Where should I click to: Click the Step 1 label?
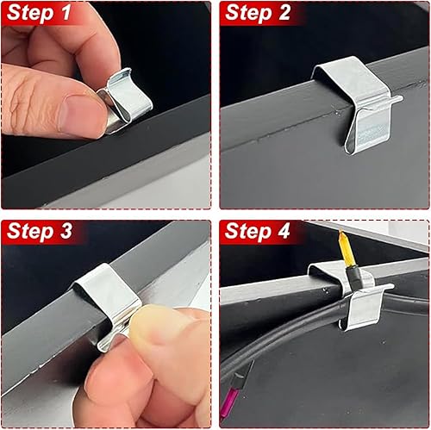tap(39, 13)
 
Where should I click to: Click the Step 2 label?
tap(258, 13)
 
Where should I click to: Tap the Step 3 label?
tap(40, 231)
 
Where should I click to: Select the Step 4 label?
tap(258, 231)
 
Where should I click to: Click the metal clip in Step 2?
tap(359, 103)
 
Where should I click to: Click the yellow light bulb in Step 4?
tap(346, 248)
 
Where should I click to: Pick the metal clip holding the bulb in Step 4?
tap(353, 296)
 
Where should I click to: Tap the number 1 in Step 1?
tap(65, 13)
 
